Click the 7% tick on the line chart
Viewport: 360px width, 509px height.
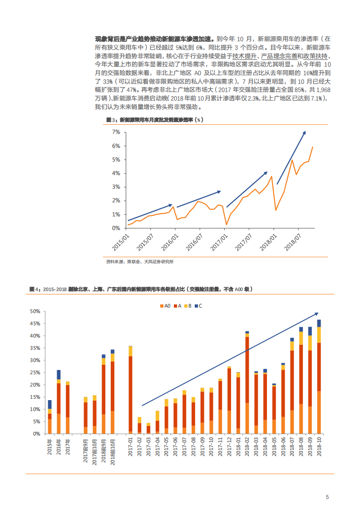click(x=116, y=132)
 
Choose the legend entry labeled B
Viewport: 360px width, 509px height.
click(x=187, y=306)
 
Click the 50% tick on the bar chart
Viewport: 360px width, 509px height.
click(x=35, y=312)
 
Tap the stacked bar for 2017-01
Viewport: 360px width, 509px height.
click(x=130, y=390)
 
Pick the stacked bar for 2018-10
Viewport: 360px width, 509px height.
click(x=319, y=377)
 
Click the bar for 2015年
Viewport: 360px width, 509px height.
click(x=49, y=417)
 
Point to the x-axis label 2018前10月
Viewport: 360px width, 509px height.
click(x=112, y=449)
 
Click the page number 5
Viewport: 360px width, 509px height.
click(x=327, y=497)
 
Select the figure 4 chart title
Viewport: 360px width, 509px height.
click(x=141, y=289)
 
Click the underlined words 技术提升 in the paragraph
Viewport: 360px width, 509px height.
click(x=245, y=56)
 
